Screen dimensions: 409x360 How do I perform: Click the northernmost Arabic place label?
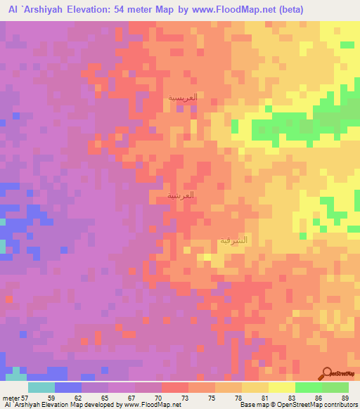(x=182, y=98)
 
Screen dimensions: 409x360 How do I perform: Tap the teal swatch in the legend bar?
(x=41, y=387)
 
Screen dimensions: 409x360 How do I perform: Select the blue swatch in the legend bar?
(x=67, y=387)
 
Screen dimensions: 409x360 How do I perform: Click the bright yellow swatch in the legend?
(x=282, y=387)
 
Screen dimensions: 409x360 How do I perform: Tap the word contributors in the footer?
(x=340, y=405)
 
